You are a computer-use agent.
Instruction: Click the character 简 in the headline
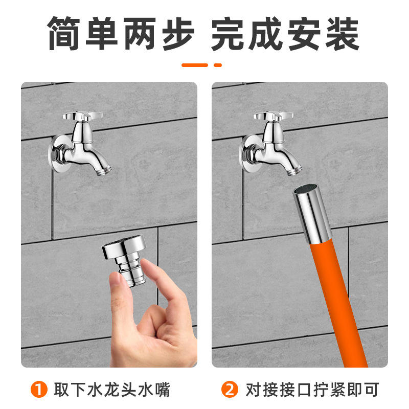pyautogui.click(x=64, y=34)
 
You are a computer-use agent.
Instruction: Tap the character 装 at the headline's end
pyautogui.click(x=343, y=34)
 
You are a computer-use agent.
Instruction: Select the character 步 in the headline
pyautogui.click(x=178, y=34)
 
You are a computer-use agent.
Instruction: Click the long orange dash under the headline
pyautogui.click(x=195, y=65)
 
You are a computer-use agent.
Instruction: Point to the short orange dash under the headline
pyautogui.click(x=218, y=65)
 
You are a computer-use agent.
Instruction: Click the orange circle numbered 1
pyautogui.click(x=39, y=390)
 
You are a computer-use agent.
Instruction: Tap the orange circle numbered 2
pyautogui.click(x=230, y=390)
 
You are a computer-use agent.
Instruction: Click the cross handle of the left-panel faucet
pyautogui.click(x=82, y=117)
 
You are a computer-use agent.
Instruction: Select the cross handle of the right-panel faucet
pyautogui.click(x=273, y=117)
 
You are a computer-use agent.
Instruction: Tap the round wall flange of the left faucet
pyautogui.click(x=57, y=154)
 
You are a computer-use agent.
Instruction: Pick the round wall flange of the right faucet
pyautogui.click(x=248, y=154)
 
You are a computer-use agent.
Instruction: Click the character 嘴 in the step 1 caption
pyautogui.click(x=162, y=390)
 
